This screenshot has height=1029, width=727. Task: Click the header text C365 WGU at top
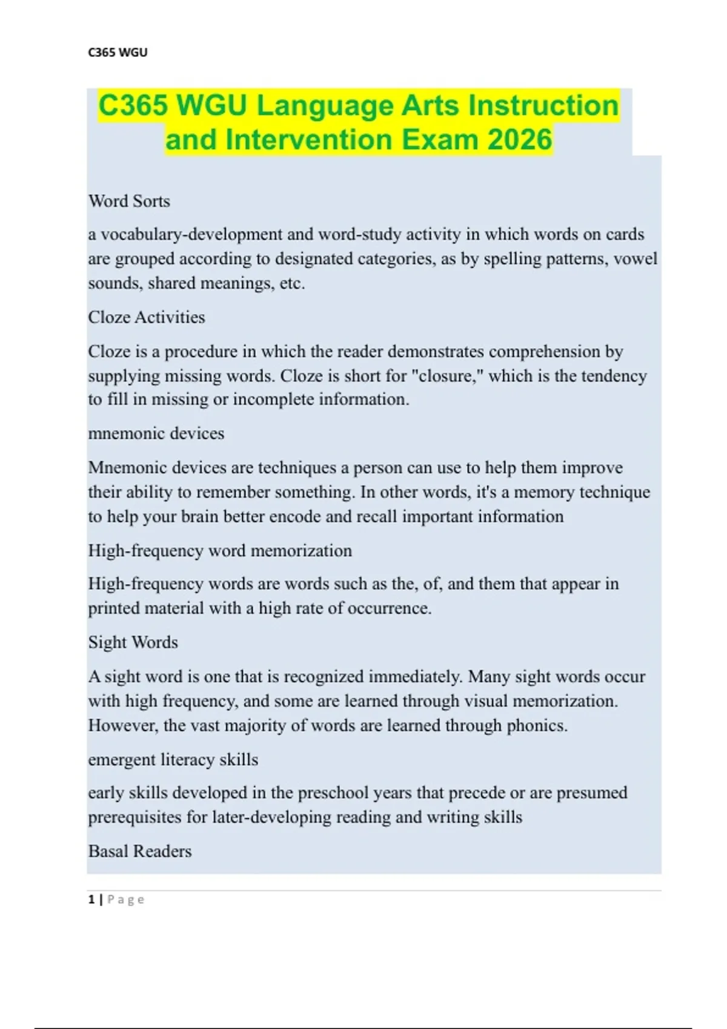118,53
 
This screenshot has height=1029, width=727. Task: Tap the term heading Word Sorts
129,201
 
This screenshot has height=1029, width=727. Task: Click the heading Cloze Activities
147,317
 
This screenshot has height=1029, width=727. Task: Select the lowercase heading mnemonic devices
156,433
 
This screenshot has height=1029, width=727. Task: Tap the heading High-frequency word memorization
220,550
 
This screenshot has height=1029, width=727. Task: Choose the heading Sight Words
133,642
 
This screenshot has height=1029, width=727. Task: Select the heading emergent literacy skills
173,760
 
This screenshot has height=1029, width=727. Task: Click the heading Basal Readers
140,851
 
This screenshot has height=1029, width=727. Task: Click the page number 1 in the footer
91,899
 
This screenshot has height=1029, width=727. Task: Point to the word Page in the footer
126,899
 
